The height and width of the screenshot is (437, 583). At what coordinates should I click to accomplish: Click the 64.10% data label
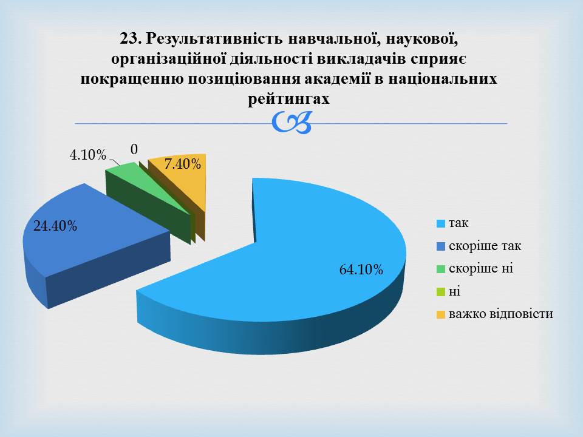[x=361, y=269]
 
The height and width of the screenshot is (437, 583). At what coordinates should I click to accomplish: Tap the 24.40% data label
[x=55, y=226]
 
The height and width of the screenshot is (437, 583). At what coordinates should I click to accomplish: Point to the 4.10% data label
[x=87, y=155]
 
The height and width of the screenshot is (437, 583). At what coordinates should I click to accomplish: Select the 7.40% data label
[x=183, y=163]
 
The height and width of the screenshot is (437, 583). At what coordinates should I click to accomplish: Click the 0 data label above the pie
[x=134, y=149]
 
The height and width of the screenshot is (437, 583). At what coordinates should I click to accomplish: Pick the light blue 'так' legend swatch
[x=441, y=224]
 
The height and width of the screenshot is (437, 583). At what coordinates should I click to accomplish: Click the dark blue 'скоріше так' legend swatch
[x=441, y=246]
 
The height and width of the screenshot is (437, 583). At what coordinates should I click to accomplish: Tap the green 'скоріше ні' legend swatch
[x=441, y=269]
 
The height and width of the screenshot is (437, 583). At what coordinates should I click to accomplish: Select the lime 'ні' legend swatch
[x=441, y=292]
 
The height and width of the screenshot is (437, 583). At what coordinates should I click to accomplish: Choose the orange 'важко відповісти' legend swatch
[x=441, y=315]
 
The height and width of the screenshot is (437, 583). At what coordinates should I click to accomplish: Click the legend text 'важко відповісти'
[x=501, y=314]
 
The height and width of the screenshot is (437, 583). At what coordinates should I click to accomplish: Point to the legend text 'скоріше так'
[x=485, y=246]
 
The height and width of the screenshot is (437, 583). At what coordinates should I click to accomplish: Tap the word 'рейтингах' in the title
[x=288, y=99]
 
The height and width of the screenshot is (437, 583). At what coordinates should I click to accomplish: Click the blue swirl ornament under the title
[x=291, y=122]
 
